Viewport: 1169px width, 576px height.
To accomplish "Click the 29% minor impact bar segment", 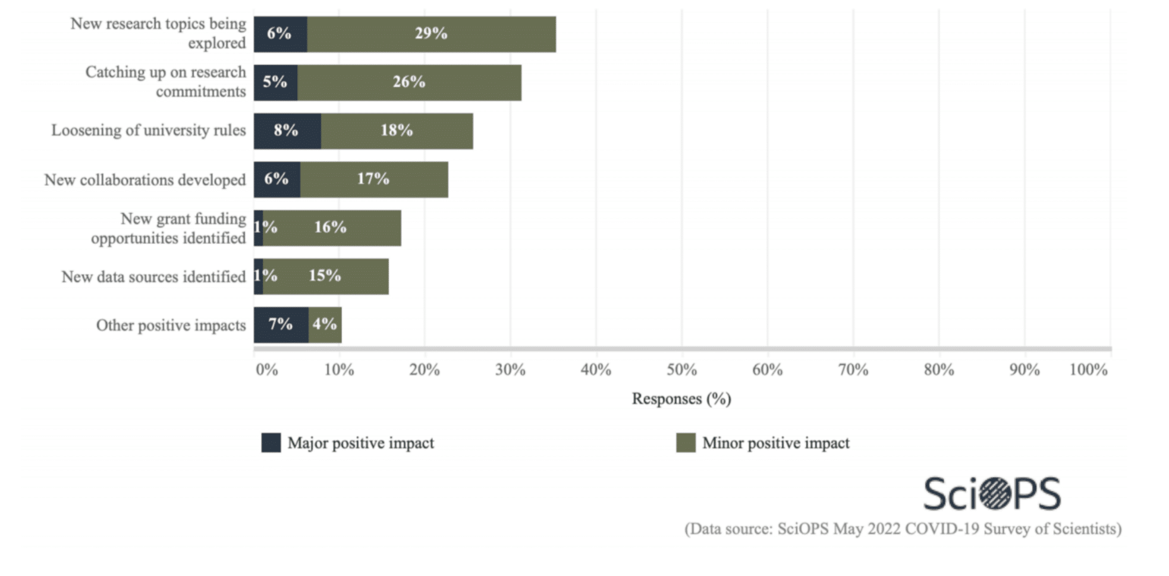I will tap(431, 34).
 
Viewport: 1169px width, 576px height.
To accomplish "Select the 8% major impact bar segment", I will tap(287, 131).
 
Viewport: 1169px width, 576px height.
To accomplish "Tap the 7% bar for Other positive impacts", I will tap(281, 325).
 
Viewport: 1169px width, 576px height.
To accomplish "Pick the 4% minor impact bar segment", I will tap(325, 325).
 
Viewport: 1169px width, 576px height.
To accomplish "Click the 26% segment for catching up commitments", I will tap(409, 83).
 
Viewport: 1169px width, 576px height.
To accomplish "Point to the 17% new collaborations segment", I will tap(373, 180).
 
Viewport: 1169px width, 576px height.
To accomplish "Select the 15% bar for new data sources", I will tap(325, 276).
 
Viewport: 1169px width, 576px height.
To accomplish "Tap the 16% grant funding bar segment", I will tap(331, 228).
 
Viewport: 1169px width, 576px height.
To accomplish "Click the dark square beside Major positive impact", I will tap(271, 443).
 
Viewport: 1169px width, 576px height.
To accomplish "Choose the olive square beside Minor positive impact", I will tap(686, 443).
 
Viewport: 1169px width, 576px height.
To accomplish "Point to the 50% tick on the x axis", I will tap(681, 370).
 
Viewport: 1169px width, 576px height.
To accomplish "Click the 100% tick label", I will tap(1088, 370).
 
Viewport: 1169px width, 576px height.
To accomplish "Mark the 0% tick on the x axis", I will tap(266, 370).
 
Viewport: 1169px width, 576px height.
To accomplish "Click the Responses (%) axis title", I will tap(681, 399).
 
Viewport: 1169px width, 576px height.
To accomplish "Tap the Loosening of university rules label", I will tap(148, 130).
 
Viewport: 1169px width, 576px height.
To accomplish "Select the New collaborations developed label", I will tap(144, 180).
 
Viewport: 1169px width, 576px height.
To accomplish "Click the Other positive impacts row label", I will tap(171, 325).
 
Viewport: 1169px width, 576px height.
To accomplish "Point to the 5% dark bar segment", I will tap(275, 83).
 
